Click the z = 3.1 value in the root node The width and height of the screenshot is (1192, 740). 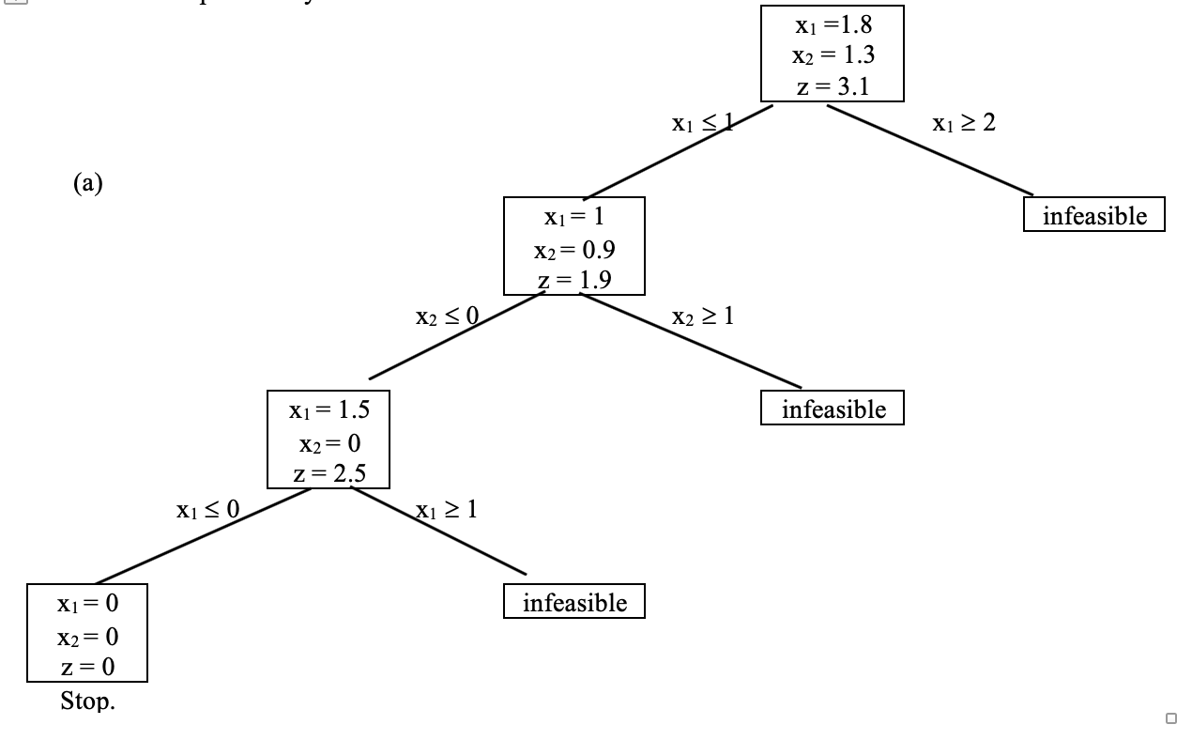pyautogui.click(x=833, y=86)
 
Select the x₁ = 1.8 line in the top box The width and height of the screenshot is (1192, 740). pyautogui.click(x=833, y=24)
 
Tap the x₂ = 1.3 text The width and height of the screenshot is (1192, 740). pyautogui.click(x=833, y=55)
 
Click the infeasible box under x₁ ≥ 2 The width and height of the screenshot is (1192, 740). pyautogui.click(x=1094, y=215)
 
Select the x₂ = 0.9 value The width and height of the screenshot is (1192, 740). pyautogui.click(x=574, y=250)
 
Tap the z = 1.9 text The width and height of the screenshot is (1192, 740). pyautogui.click(x=574, y=280)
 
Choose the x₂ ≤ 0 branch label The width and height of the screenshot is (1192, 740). pyautogui.click(x=448, y=317)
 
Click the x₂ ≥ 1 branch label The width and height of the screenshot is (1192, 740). pyautogui.click(x=703, y=316)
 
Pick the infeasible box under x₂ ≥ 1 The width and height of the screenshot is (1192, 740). pyautogui.click(x=833, y=409)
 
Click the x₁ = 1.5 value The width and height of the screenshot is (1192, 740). pyautogui.click(x=329, y=410)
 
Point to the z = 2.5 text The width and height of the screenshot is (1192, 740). pyautogui.click(x=329, y=473)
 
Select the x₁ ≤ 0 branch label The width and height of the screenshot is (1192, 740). pyautogui.click(x=207, y=510)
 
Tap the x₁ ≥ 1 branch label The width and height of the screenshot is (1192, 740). pyautogui.click(x=446, y=510)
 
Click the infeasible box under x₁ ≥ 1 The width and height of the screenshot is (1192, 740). pyautogui.click(x=574, y=602)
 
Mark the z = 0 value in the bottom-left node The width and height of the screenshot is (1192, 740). pyautogui.click(x=87, y=668)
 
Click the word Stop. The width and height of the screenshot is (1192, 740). pyautogui.click(x=87, y=701)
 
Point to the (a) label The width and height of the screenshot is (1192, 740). pyautogui.click(x=87, y=184)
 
